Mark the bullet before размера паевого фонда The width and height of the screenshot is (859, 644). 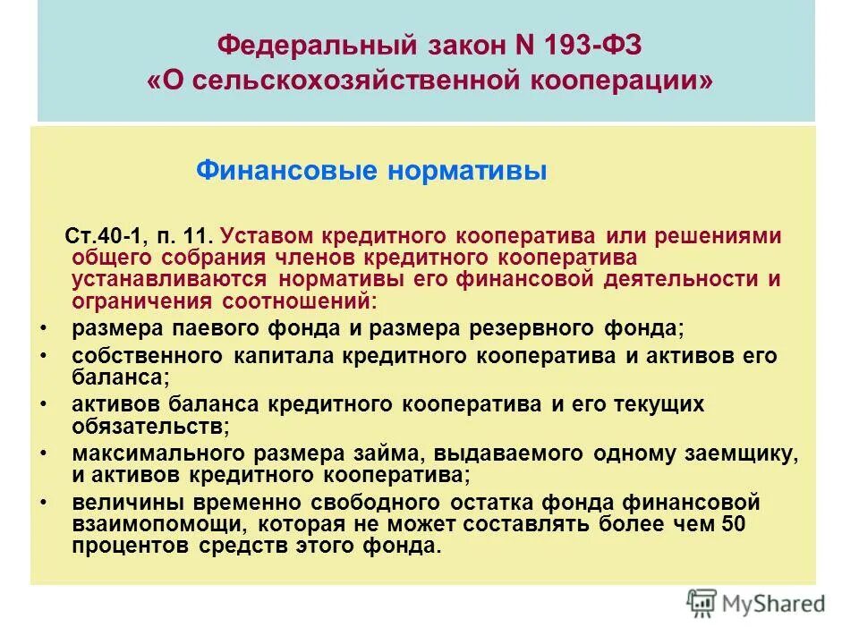click(x=43, y=329)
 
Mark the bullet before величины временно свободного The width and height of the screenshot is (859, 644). click(x=43, y=503)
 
